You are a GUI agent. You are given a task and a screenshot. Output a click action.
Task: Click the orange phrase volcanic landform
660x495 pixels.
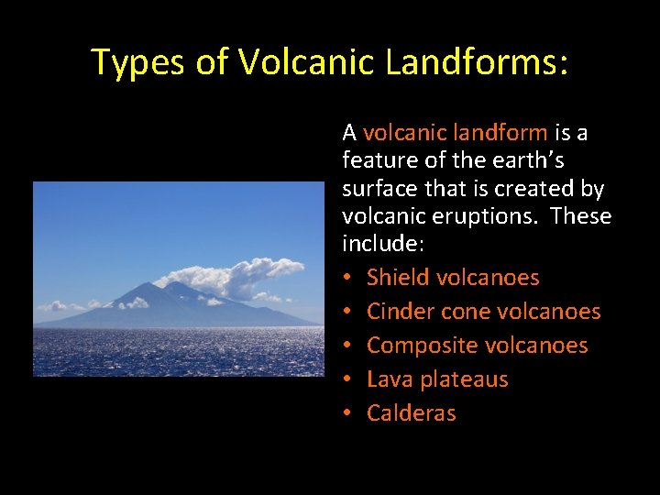coord(455,133)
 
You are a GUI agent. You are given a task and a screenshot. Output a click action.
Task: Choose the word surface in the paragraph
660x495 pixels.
coord(377,190)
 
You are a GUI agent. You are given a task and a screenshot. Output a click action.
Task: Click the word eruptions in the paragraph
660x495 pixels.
coord(495,218)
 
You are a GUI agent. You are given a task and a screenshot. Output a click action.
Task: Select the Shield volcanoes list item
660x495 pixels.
coord(453,277)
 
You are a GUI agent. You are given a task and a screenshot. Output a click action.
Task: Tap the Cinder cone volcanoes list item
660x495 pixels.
coord(483,312)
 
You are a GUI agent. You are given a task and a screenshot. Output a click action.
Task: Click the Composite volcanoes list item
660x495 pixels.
coord(477,346)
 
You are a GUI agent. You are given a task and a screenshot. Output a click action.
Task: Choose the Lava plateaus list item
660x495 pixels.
coord(437,379)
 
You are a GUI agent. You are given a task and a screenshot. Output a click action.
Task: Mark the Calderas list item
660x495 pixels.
coord(411,413)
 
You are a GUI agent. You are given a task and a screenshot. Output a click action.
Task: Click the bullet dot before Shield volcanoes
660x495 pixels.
coord(348,278)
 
